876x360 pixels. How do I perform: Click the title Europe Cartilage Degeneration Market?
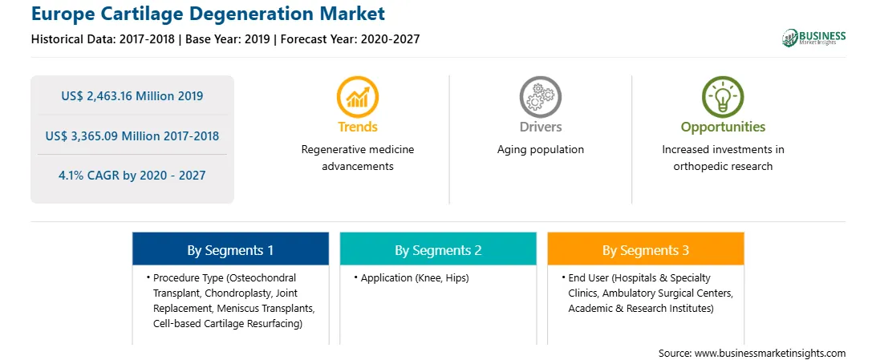coord(208,14)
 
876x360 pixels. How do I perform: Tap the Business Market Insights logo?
coord(813,38)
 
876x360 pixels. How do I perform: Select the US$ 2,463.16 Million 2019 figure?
coord(132,96)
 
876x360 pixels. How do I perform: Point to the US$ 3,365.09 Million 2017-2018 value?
coord(132,136)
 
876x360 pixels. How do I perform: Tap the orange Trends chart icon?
coord(358,96)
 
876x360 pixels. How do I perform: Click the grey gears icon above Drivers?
coord(540,96)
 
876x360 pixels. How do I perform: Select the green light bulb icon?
coord(723,96)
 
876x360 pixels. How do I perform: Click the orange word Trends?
coord(358,127)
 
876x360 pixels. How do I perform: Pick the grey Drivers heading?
coord(540,127)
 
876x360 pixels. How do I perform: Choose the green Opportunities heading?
coord(723,127)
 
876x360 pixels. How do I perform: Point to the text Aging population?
coord(540,150)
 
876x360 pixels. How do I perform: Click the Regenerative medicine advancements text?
coord(358,158)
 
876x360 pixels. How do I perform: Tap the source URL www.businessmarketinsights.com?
coord(770,353)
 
